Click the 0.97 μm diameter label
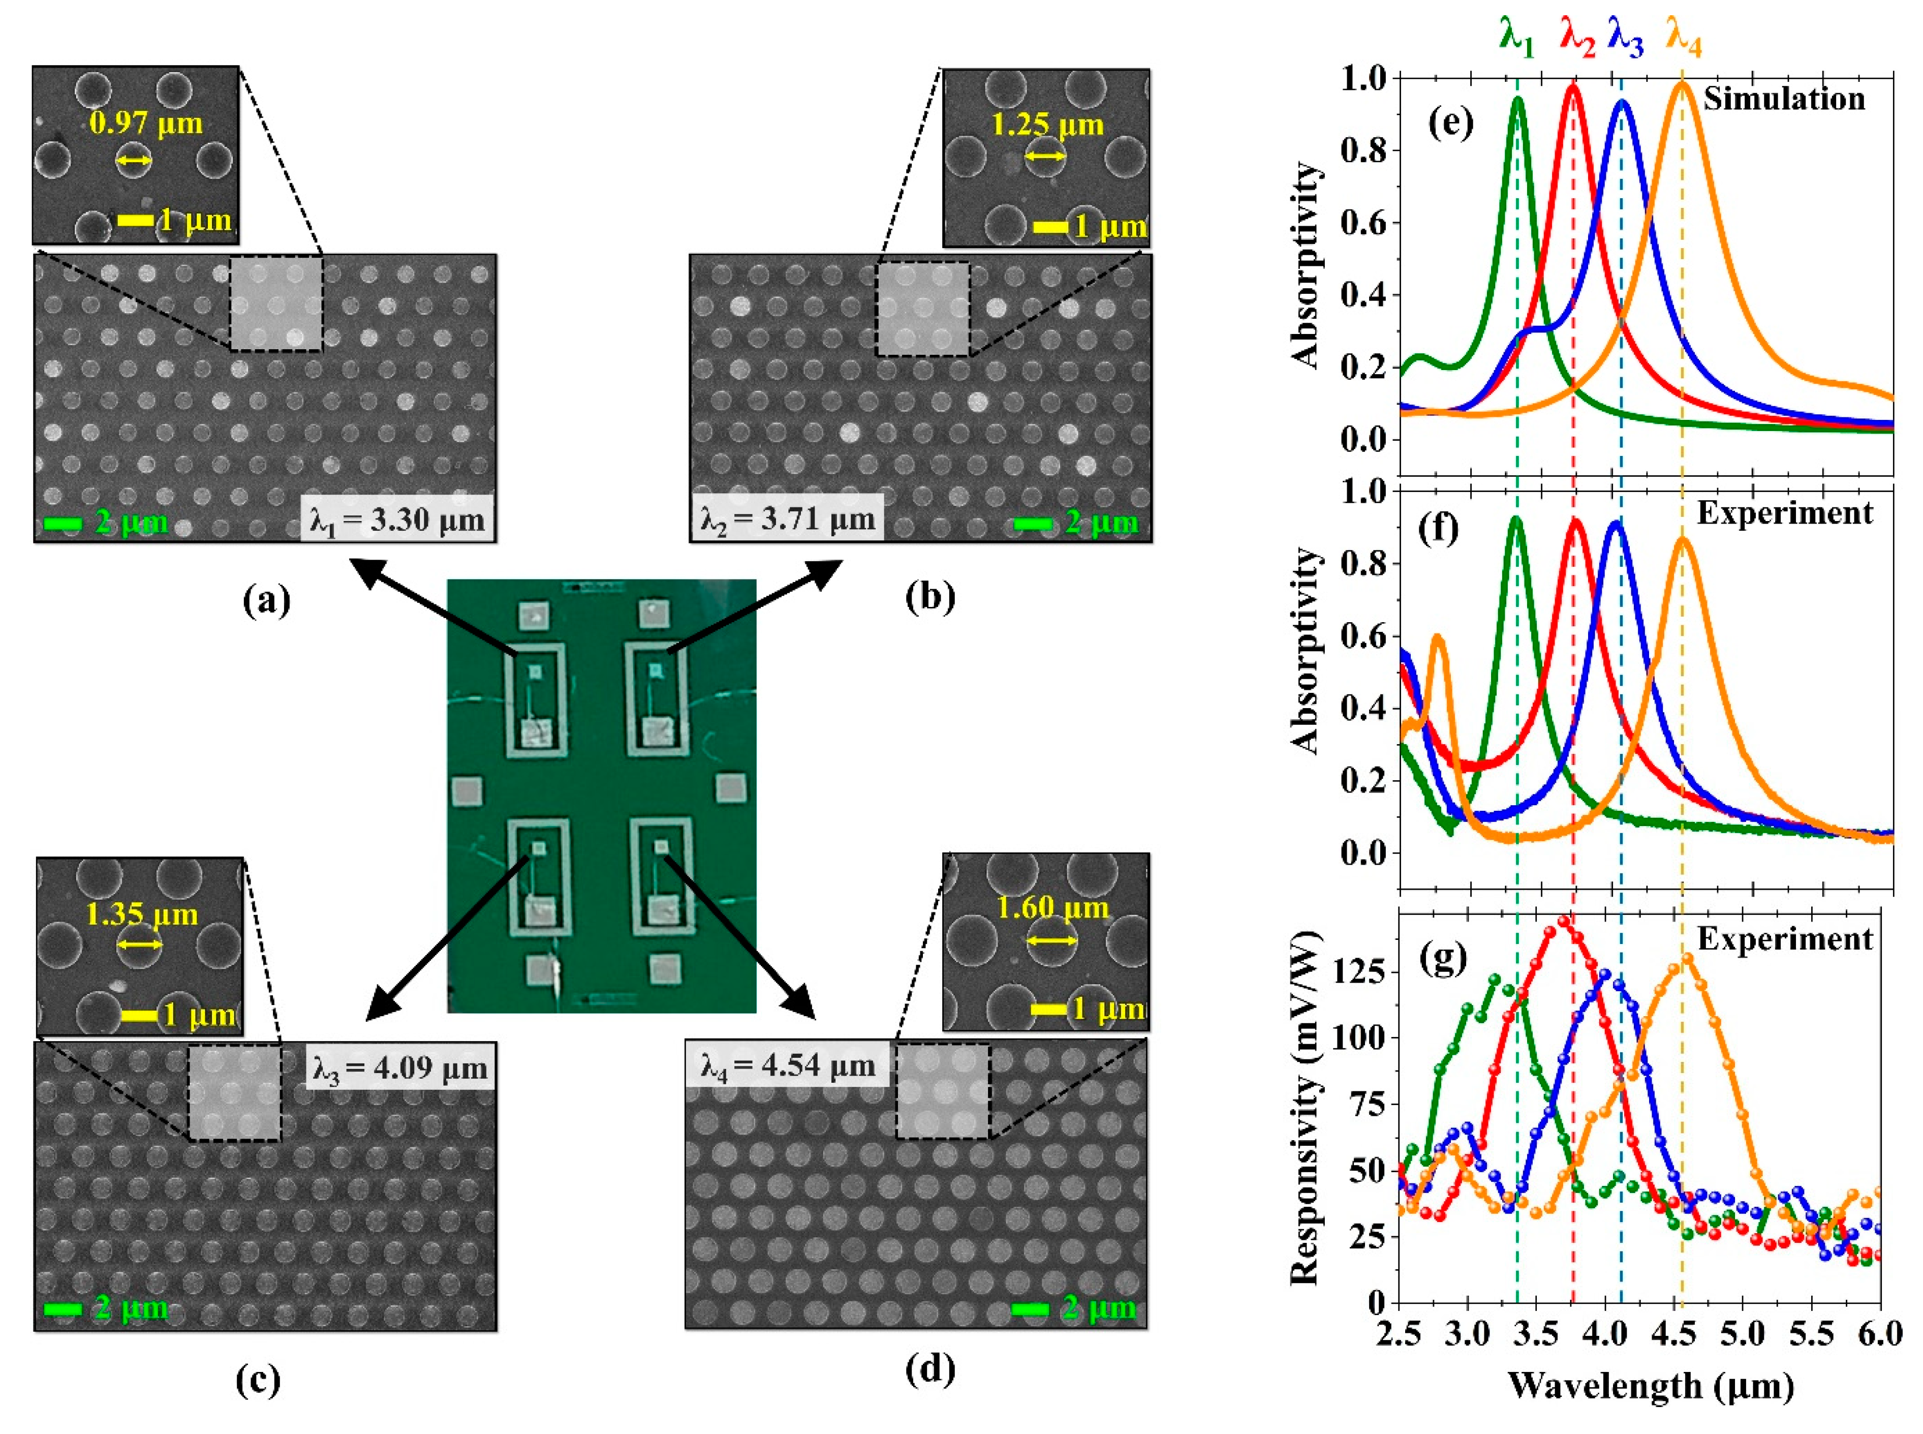pos(146,123)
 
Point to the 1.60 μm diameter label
pos(1052,908)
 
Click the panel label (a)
pos(266,599)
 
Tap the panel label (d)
pos(929,1369)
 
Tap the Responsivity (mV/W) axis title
pos(1304,1107)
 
